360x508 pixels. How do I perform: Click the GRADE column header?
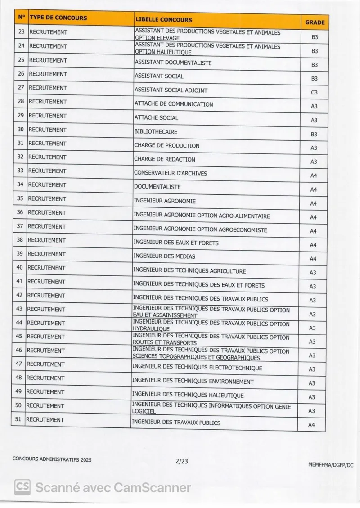coord(315,22)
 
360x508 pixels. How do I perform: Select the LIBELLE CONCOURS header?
coord(163,20)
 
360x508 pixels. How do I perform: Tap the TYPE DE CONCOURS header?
coord(58,18)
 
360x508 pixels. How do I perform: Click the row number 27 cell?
coord(21,88)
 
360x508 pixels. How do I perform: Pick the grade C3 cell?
coord(314,92)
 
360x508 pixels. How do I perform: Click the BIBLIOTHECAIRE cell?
coord(156,132)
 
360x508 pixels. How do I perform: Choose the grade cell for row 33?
coord(314,175)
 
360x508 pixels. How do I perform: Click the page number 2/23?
coord(182,460)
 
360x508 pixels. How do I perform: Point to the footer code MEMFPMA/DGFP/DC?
coord(331,465)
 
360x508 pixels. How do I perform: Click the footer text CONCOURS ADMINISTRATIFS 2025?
coord(52,459)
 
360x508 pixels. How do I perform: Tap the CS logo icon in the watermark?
coord(22,487)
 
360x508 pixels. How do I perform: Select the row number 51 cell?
coord(18,419)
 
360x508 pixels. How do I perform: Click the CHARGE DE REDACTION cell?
coord(165,159)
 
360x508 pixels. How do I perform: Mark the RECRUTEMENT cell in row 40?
coord(46,268)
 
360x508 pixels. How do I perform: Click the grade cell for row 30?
coord(314,134)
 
